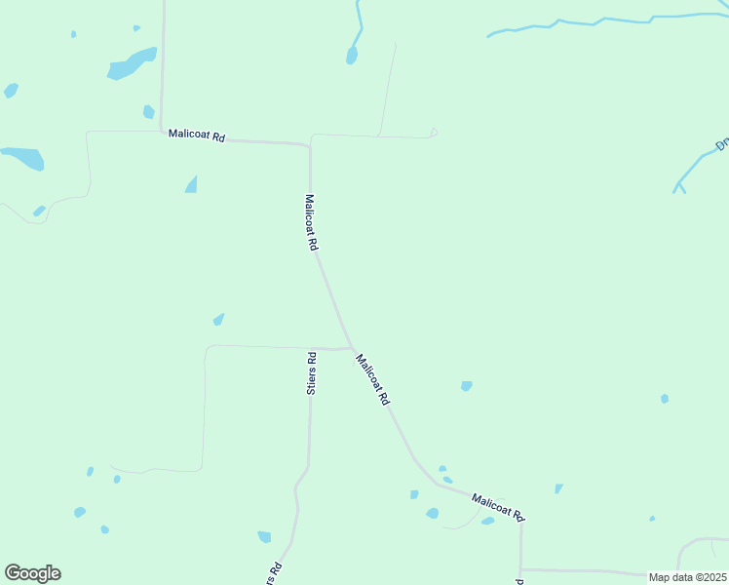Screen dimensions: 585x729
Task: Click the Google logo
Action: [32, 573]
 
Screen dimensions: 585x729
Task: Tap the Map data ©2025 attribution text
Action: [687, 577]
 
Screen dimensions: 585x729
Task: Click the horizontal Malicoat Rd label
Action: [197, 136]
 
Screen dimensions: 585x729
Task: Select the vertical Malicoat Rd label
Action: [311, 223]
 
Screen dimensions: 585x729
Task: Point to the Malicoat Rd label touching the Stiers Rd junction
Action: [373, 379]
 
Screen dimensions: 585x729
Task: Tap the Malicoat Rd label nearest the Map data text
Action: [498, 507]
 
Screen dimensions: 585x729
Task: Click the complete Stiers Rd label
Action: [311, 372]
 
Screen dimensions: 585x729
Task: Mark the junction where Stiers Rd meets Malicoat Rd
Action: [350, 347]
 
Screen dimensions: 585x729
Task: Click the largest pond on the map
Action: [132, 63]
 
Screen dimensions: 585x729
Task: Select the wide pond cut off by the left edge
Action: [22, 157]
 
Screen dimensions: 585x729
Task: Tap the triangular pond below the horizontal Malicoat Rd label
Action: [192, 184]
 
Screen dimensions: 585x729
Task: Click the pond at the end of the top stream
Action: [352, 56]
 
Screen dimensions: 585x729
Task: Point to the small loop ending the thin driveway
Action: [434, 133]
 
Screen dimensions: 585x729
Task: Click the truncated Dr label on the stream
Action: [722, 144]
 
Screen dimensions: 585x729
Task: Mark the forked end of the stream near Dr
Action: [678, 185]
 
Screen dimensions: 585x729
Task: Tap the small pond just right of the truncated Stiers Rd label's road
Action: [264, 536]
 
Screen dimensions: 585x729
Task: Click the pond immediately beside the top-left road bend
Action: [149, 112]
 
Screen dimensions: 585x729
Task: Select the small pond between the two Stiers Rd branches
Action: [218, 319]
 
